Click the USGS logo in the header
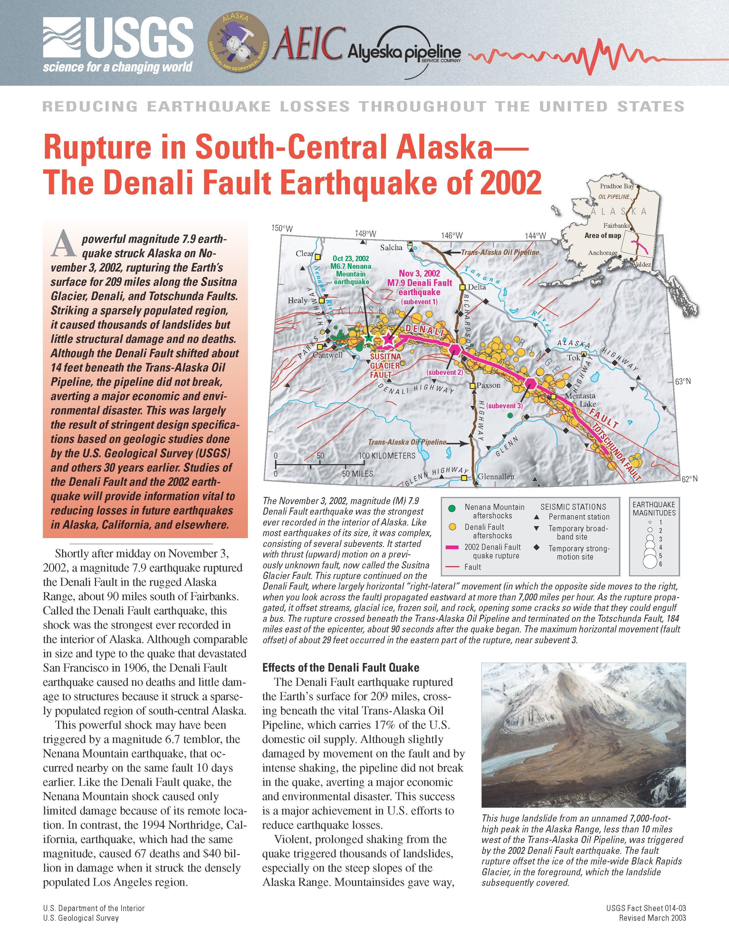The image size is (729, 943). click(x=118, y=45)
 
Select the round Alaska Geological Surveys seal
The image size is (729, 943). click(x=238, y=42)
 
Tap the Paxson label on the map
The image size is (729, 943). click(x=489, y=385)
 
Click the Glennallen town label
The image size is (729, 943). click(x=495, y=477)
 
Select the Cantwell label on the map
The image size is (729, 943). click(x=328, y=355)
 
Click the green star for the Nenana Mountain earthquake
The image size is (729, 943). click(x=369, y=338)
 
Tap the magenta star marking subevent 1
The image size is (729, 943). click(x=388, y=339)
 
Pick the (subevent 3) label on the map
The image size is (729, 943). click(x=504, y=406)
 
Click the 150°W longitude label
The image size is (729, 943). click(x=282, y=228)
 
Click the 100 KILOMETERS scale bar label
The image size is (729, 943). click(x=387, y=455)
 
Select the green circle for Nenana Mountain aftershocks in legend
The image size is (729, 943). click(x=452, y=508)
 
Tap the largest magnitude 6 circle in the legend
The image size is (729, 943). click(x=650, y=561)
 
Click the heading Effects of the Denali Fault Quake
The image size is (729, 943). click(x=341, y=668)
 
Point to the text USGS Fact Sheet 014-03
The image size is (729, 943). click(x=646, y=908)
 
